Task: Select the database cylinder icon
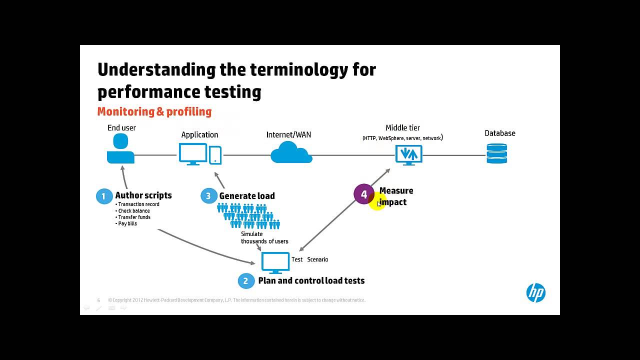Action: click(496, 153)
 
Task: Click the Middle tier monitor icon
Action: click(408, 155)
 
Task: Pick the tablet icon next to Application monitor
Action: click(215, 155)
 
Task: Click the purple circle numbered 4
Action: click(363, 194)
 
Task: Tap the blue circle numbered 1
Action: click(104, 196)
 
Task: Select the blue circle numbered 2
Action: click(245, 281)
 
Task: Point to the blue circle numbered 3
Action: click(208, 195)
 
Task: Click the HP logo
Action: click(535, 292)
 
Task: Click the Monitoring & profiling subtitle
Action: click(154, 111)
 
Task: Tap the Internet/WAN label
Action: click(288, 134)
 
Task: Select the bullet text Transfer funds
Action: click(134, 217)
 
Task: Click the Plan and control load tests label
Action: click(311, 281)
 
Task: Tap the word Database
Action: click(499, 133)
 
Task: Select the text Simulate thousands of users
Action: click(264, 237)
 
